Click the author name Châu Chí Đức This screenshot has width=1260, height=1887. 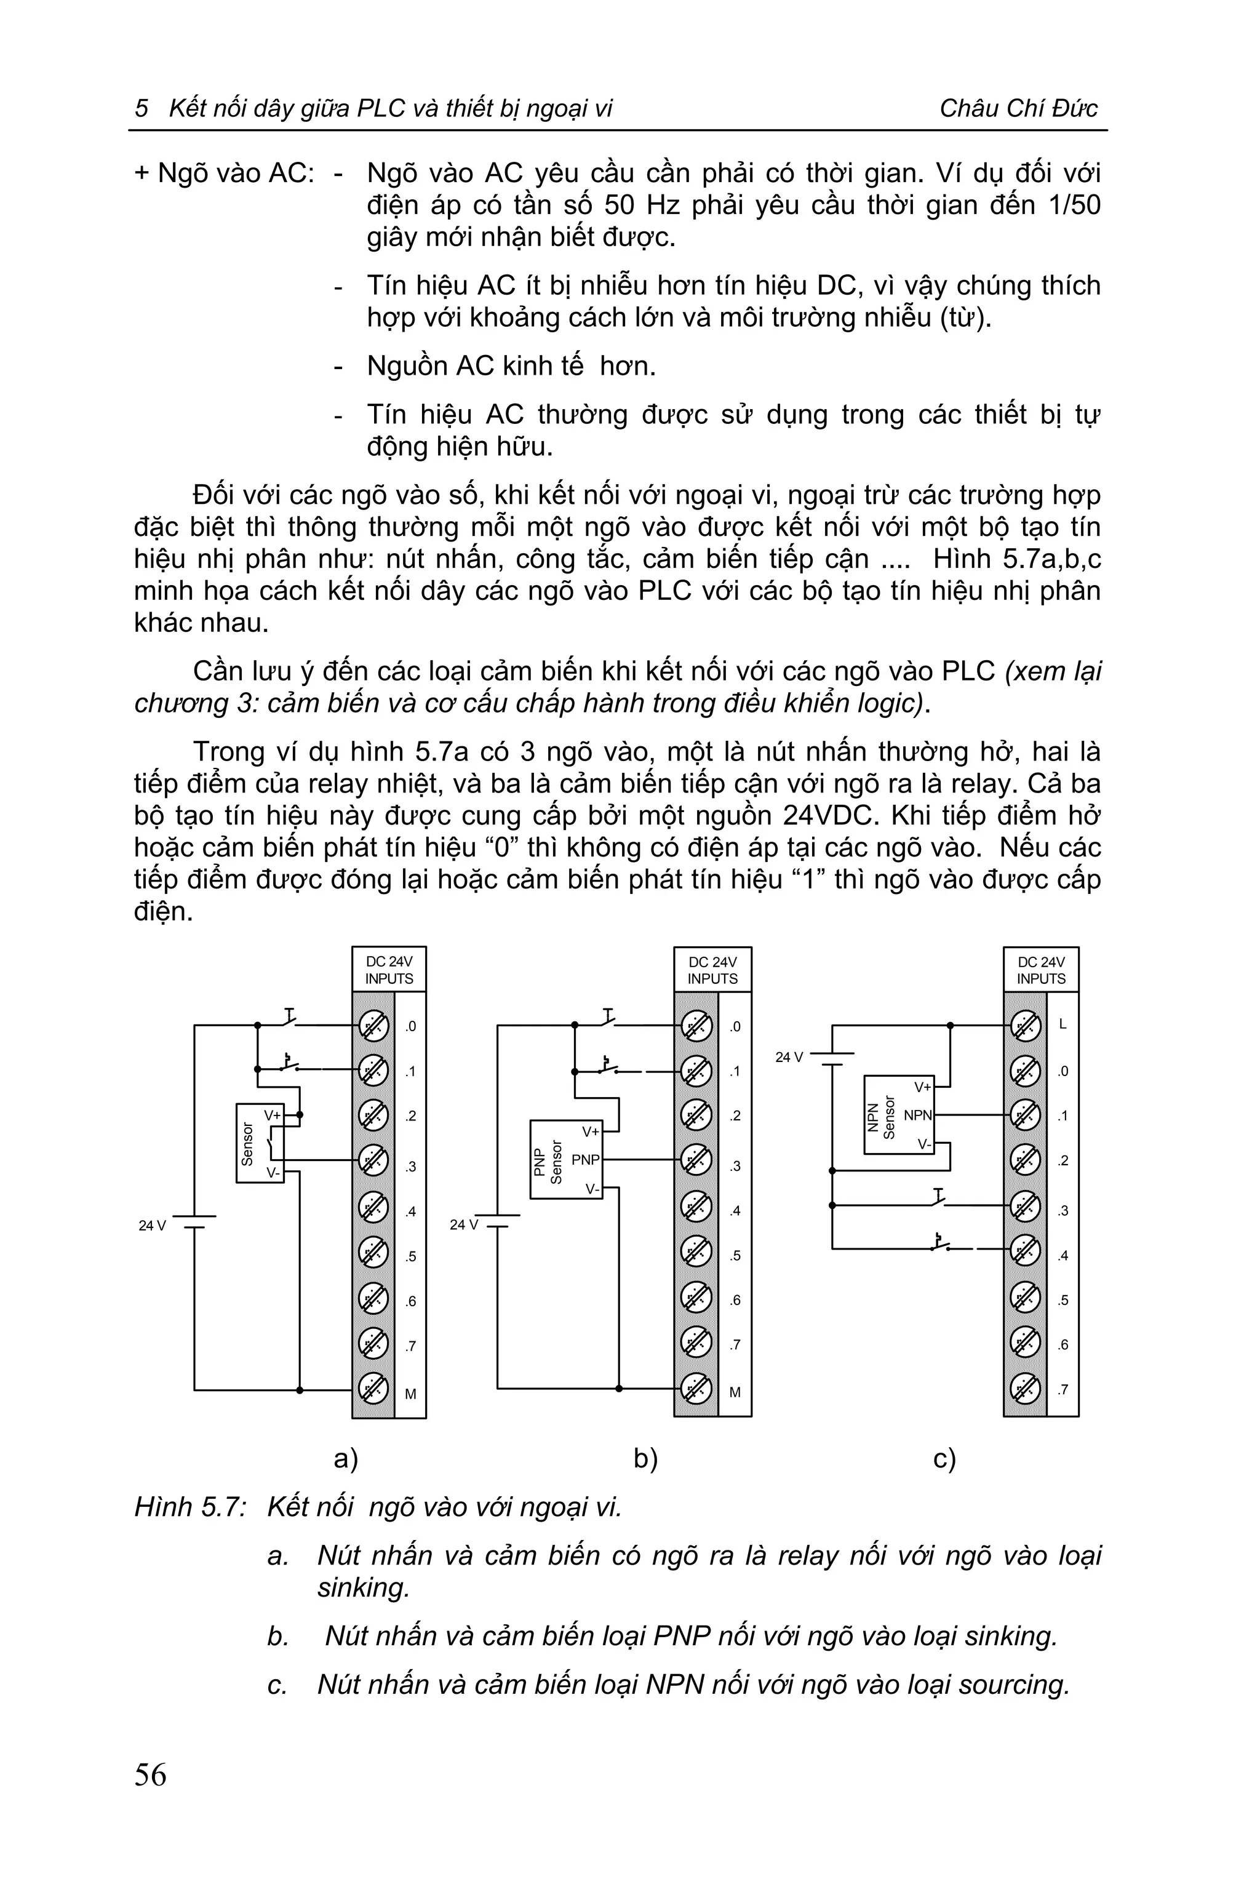click(x=1018, y=108)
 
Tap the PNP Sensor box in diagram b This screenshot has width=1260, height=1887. click(x=566, y=1160)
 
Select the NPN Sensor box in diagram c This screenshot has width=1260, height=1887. click(x=898, y=1115)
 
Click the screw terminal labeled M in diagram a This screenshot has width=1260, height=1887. click(x=372, y=1389)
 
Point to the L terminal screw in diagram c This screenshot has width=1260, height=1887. click(x=1024, y=1026)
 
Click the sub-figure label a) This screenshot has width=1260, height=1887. click(x=346, y=1458)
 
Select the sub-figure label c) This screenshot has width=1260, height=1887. click(x=944, y=1458)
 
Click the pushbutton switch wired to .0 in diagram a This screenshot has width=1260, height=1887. click(x=289, y=1019)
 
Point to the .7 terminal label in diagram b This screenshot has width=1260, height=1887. click(x=735, y=1344)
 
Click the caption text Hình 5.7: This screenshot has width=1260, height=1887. click(x=189, y=1507)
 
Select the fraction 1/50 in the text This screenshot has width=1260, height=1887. click(x=1073, y=205)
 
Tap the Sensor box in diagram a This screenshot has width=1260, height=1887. click(x=260, y=1143)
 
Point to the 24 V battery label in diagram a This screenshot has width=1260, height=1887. click(x=152, y=1226)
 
